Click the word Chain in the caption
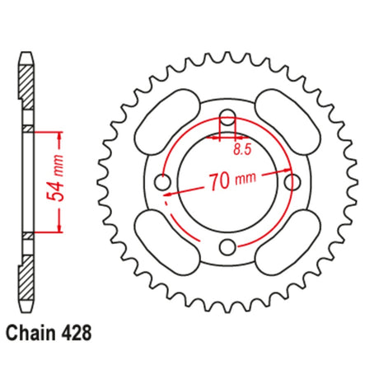(x=30, y=333)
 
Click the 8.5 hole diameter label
(x=242, y=150)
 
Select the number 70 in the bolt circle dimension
(x=220, y=181)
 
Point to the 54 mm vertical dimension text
(x=57, y=179)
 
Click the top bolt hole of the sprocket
(x=227, y=117)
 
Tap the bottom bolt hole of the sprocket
(x=227, y=247)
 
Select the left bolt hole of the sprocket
(x=162, y=182)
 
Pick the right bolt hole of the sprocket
(x=292, y=182)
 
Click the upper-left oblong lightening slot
(x=167, y=122)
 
